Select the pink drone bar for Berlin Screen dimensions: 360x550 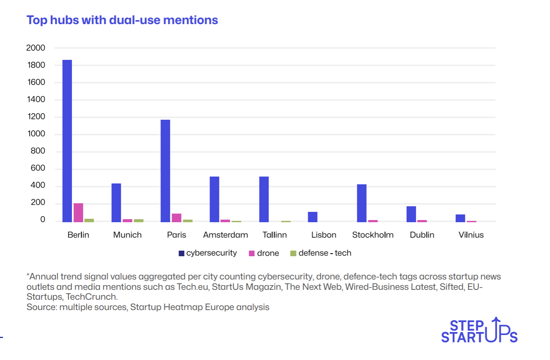point(78,212)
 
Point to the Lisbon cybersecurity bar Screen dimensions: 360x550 point(313,217)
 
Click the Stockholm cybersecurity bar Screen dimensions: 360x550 point(362,203)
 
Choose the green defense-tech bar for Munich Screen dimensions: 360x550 point(139,220)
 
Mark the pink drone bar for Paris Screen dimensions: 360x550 point(176,217)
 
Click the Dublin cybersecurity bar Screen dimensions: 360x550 point(411,214)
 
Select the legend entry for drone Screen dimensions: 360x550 point(264,253)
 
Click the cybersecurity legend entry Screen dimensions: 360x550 point(207,253)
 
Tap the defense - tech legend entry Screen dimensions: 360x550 point(321,253)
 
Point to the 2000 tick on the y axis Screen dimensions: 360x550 point(36,48)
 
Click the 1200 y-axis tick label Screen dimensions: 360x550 point(36,117)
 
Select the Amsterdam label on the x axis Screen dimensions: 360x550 point(226,235)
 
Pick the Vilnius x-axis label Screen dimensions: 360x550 point(471,235)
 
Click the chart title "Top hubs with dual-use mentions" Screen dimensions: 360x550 point(122,20)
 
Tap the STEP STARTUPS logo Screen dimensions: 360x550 point(479,331)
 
